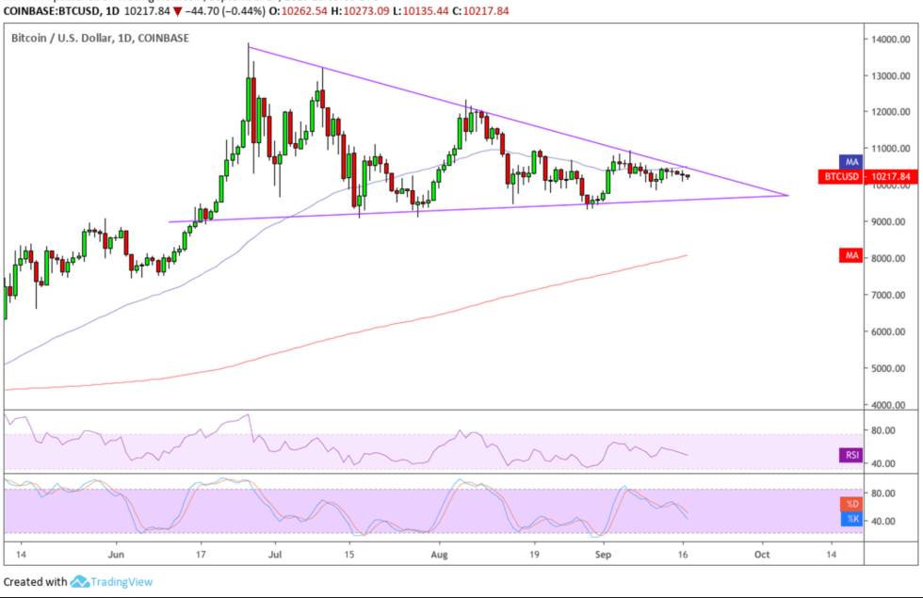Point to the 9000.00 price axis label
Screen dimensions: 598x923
pyautogui.click(x=890, y=222)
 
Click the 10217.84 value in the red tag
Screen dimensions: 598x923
pyautogui.click(x=889, y=175)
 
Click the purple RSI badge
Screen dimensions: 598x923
pyautogui.click(x=850, y=456)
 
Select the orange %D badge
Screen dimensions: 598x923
pyautogui.click(x=850, y=505)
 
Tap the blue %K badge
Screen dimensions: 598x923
pyautogui.click(x=850, y=518)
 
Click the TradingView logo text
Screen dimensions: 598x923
pyautogui.click(x=121, y=582)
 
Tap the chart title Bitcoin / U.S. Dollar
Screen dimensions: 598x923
pyautogui.click(x=69, y=38)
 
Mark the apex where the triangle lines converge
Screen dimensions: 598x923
pyautogui.click(x=787, y=195)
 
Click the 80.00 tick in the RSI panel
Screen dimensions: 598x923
pyautogui.click(x=887, y=430)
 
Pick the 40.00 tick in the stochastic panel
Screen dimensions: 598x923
pyautogui.click(x=887, y=521)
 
